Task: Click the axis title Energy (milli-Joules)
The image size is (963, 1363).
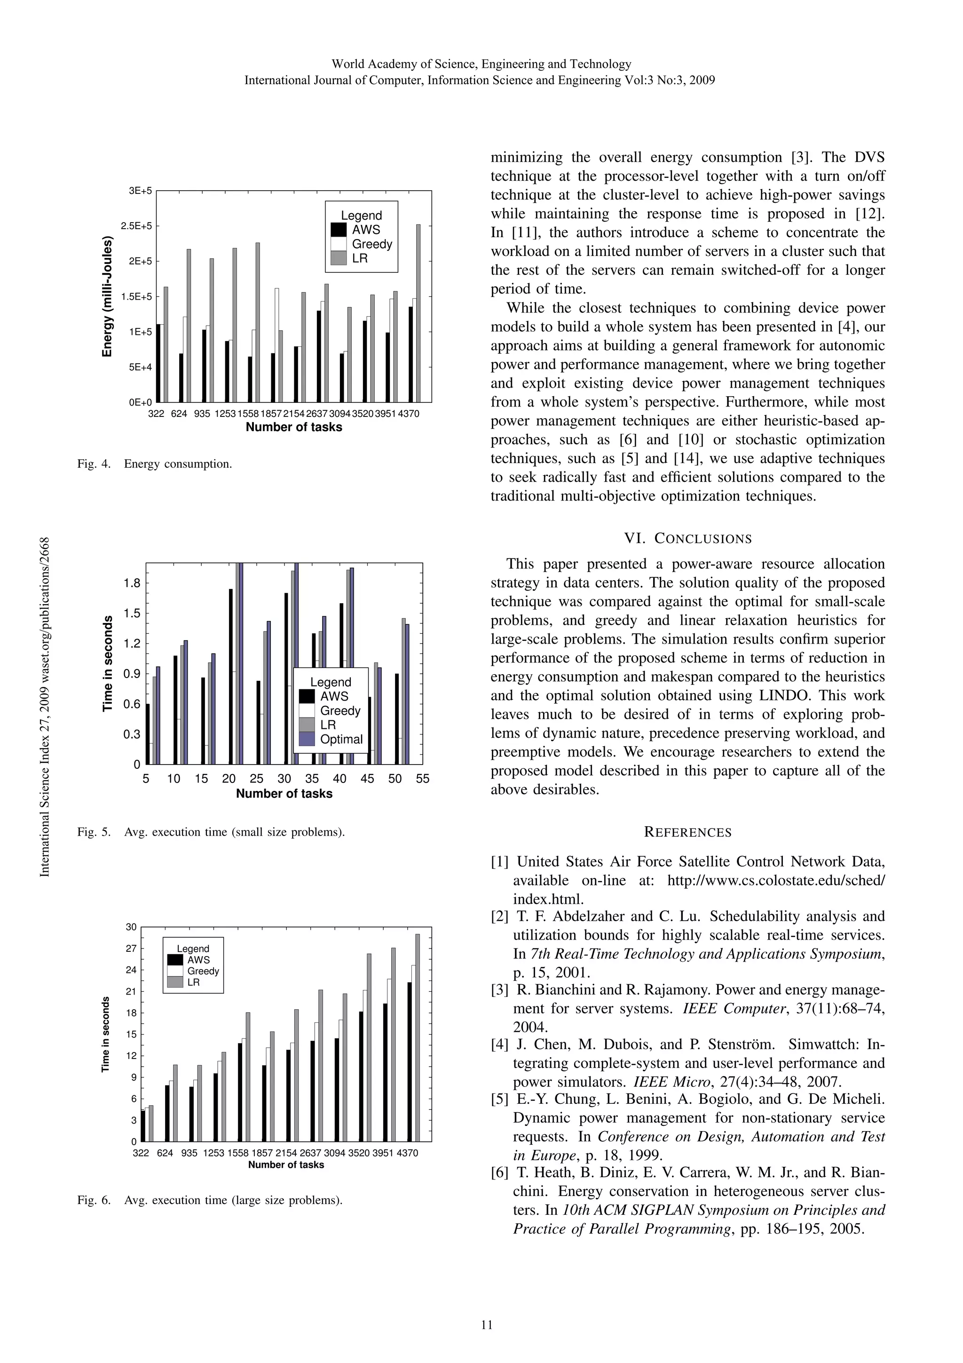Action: pos(107,296)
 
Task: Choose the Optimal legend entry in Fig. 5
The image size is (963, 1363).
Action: pos(340,739)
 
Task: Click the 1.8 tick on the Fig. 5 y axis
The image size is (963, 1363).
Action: pos(132,583)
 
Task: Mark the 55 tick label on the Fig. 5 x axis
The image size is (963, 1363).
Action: pos(422,778)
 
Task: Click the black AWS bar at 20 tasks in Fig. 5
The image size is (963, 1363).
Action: pos(230,676)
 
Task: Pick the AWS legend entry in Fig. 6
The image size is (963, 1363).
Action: pos(197,960)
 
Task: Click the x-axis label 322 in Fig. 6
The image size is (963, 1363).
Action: pos(141,1153)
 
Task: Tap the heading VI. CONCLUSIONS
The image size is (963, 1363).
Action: pos(687,539)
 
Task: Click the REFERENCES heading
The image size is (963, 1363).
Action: pos(687,832)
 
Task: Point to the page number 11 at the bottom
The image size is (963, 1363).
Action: pos(487,1325)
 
